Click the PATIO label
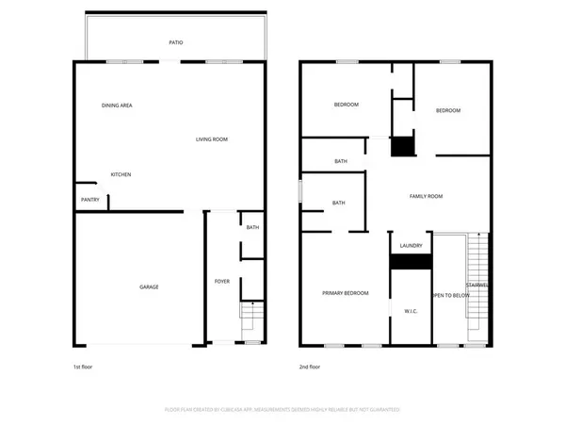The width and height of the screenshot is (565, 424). click(176, 42)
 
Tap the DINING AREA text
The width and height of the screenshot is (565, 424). click(117, 105)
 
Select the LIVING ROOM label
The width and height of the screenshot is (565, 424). click(212, 139)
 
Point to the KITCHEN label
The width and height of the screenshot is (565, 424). click(121, 174)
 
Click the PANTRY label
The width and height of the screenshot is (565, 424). click(90, 199)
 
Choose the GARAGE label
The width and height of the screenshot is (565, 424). click(149, 286)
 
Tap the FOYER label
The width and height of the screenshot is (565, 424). click(222, 281)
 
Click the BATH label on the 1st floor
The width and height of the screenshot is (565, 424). click(252, 227)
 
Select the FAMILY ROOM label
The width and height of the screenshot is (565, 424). click(426, 196)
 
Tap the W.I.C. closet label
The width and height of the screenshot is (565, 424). click(411, 310)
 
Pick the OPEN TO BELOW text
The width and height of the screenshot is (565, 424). click(450, 295)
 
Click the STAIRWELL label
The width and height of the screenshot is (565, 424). click(476, 285)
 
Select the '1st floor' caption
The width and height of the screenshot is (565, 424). click(84, 367)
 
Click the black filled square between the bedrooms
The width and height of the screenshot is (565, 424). click(403, 147)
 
